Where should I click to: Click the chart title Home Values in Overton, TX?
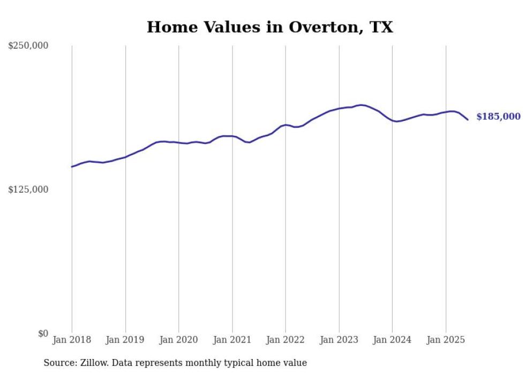[269, 27]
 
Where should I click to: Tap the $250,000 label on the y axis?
[28, 46]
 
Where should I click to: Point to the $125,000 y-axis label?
[28, 189]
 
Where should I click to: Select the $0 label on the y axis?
[43, 333]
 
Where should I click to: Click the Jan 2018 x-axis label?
[72, 340]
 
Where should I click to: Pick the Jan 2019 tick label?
[125, 340]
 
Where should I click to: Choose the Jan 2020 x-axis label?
[179, 340]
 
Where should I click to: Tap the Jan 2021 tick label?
[232, 340]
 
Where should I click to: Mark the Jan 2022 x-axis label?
[286, 340]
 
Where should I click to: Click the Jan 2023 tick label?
[339, 340]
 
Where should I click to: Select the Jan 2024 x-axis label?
[392, 340]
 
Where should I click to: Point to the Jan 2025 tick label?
[446, 340]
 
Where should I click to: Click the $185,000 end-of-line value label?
[498, 117]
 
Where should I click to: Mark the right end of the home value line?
[468, 119]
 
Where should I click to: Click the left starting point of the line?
[72, 167]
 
